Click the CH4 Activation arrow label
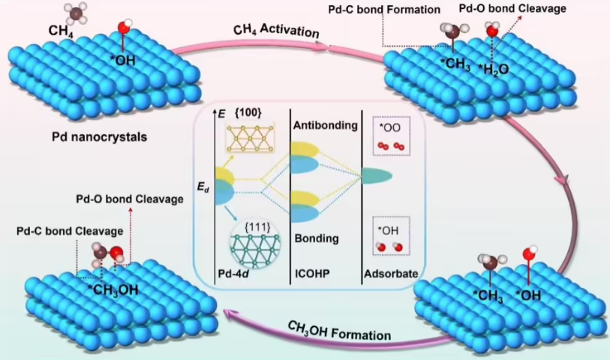277,32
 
